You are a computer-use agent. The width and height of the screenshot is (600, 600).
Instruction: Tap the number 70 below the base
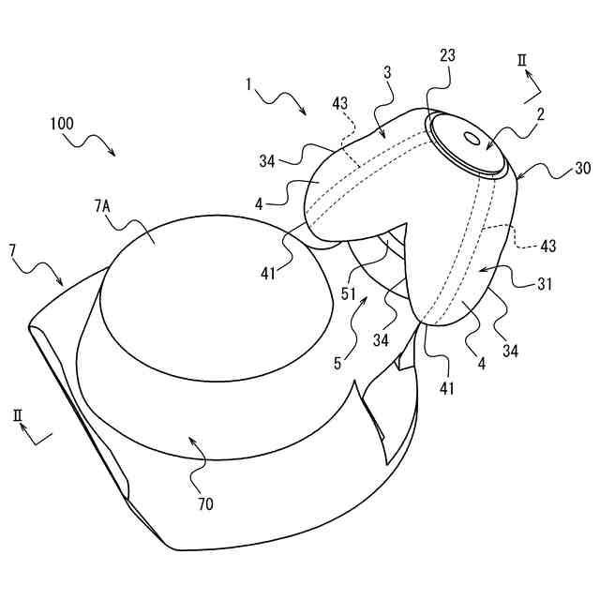pos(205,503)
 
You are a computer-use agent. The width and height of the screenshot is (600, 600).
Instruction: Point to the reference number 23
pos(447,55)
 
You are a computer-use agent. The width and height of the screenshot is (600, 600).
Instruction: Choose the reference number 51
pos(348,294)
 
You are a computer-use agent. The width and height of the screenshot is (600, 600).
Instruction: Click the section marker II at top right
pos(524,61)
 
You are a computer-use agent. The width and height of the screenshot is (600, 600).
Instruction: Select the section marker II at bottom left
pos(19,413)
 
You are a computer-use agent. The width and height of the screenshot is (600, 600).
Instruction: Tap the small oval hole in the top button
pos(471,138)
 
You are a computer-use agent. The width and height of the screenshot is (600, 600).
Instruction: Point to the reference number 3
pos(387,71)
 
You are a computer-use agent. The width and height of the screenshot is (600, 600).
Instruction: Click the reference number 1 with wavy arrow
pos(249,83)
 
